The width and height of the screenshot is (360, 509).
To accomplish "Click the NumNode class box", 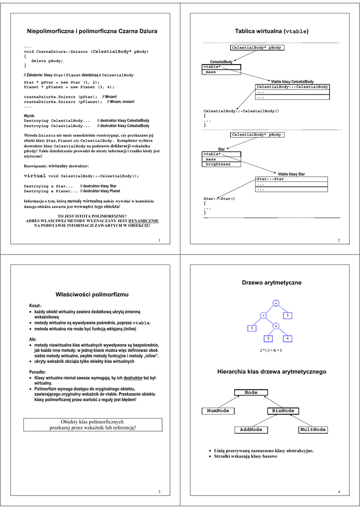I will [x=218, y=411].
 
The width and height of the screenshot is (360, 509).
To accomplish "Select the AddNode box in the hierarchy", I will [x=251, y=429].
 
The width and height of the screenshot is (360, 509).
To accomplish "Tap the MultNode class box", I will [x=313, y=429].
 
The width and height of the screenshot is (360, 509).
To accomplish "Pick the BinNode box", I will [x=281, y=411].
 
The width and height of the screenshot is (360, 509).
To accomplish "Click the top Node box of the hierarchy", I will [x=251, y=393].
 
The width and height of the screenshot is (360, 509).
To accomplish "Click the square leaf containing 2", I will [x=252, y=328].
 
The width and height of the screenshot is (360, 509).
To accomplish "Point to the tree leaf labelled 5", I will [x=287, y=315].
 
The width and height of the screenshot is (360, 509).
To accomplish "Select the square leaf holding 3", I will [x=268, y=339].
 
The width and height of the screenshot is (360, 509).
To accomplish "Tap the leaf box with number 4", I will [x=287, y=339].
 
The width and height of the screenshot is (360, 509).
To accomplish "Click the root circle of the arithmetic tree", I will [x=276, y=303].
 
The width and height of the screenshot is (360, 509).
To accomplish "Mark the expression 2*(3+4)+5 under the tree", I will [x=271, y=350].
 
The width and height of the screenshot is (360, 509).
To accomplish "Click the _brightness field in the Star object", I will [x=218, y=164].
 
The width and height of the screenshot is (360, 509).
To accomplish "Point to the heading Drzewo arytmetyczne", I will [x=271, y=282].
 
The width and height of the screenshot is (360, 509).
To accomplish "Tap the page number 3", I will [x=159, y=492].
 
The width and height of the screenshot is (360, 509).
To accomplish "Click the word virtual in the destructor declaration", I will [x=35, y=176].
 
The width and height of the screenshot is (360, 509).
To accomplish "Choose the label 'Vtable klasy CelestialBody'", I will [x=292, y=82].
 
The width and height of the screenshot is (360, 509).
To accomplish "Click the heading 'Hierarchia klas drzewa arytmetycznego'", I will [x=271, y=372].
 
